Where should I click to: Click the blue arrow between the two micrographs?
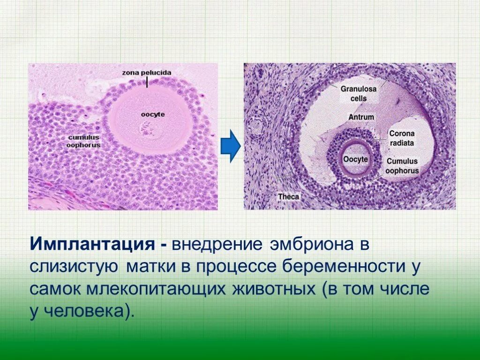(x=230, y=147)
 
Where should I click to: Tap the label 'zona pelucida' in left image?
(x=147, y=73)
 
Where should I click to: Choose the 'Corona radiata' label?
(x=402, y=138)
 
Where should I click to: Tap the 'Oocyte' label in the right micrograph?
(x=355, y=159)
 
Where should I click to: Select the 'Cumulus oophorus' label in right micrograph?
(x=402, y=165)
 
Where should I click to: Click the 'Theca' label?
(x=288, y=197)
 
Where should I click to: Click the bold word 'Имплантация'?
(x=93, y=244)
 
